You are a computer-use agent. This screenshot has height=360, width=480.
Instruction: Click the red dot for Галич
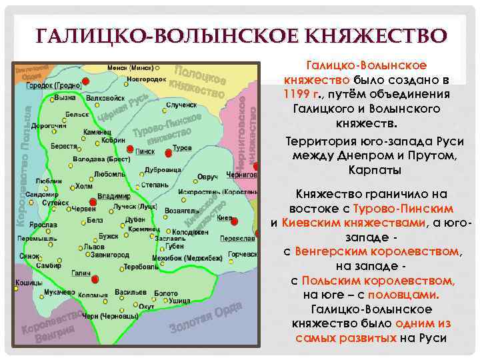[94, 279]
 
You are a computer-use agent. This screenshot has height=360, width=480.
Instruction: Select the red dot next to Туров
[169, 153]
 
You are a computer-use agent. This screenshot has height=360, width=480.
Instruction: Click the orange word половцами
[409, 295]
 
